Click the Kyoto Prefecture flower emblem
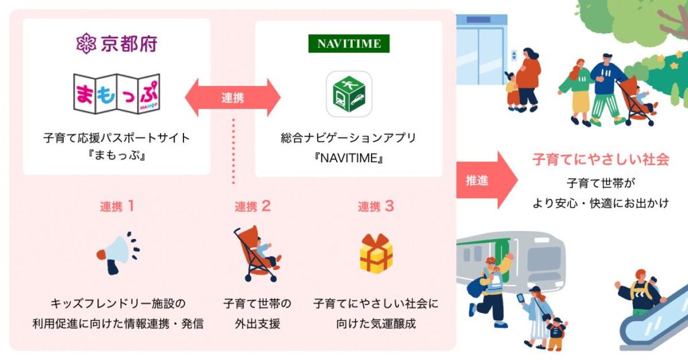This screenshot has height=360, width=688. [x=86, y=44]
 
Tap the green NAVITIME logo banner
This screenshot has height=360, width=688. [x=349, y=44]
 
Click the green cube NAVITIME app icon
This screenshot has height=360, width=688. [x=349, y=94]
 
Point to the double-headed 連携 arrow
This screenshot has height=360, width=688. [x=232, y=97]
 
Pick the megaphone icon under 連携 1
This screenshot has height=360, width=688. [x=118, y=253]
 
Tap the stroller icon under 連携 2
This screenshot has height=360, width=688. [x=257, y=255]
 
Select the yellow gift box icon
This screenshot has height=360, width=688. [x=376, y=254]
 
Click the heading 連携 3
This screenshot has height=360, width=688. [x=376, y=206]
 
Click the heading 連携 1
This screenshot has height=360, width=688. [x=117, y=206]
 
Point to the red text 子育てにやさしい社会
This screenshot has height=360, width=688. [x=601, y=159]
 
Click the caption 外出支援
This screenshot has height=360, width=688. [x=257, y=324]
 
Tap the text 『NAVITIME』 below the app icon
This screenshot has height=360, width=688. [x=349, y=158]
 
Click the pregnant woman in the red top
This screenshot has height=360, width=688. [x=528, y=80]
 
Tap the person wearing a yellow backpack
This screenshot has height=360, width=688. [x=639, y=293]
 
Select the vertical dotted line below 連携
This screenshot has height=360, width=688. [x=233, y=150]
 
